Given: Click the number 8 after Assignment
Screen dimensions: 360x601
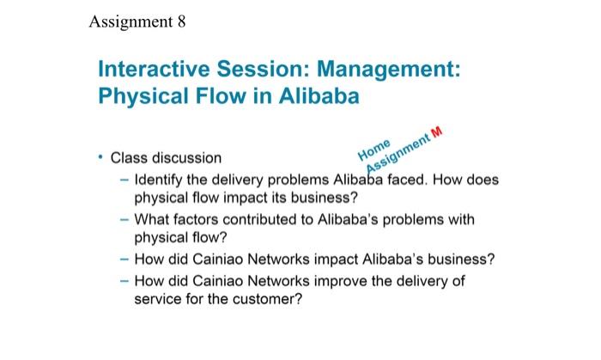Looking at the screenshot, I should click(x=179, y=22).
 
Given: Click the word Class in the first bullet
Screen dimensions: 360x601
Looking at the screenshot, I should click(x=129, y=159).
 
